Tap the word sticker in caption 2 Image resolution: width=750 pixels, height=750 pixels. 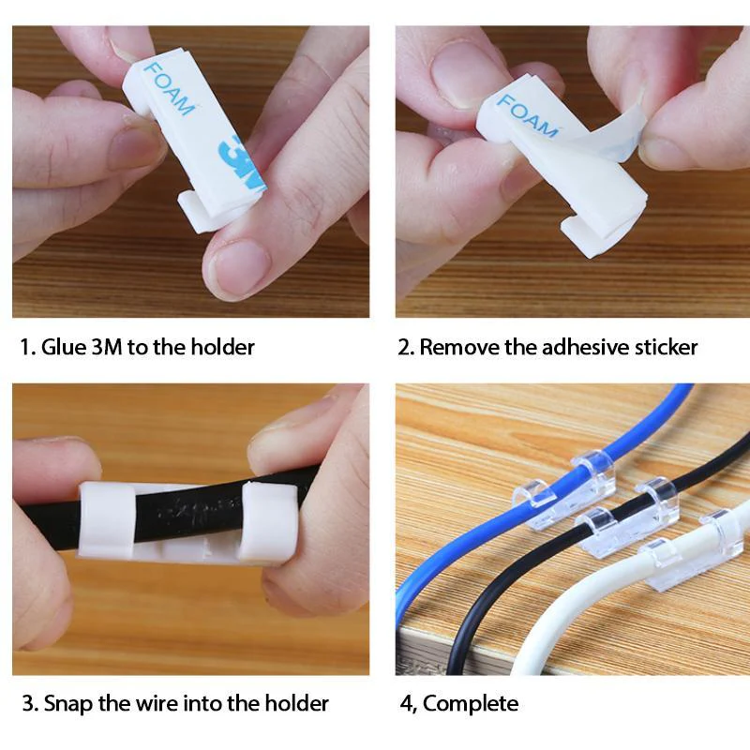pyautogui.click(x=664, y=347)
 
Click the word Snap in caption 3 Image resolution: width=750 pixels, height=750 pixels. pyautogui.click(x=65, y=703)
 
